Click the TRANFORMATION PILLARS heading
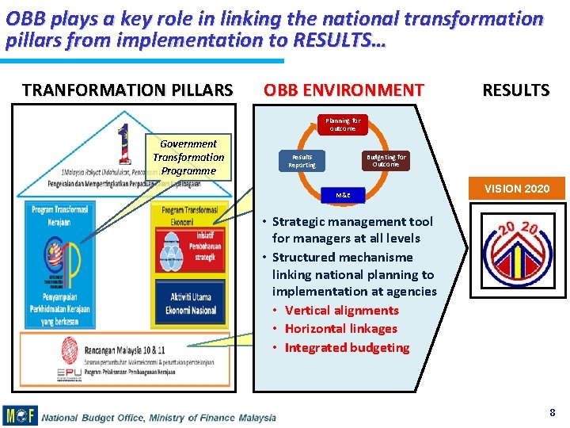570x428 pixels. (127, 90)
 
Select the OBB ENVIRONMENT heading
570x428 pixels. (344, 90)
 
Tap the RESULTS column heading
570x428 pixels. (515, 90)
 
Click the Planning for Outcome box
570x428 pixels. (342, 124)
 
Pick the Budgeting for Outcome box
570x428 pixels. (386, 161)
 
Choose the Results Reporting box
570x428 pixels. (302, 161)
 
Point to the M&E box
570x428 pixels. (343, 194)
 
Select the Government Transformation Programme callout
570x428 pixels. (188, 157)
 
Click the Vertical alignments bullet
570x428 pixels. (341, 310)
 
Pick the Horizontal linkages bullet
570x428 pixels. (340, 328)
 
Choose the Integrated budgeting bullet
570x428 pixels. (347, 347)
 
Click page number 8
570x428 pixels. (552, 412)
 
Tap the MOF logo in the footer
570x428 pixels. (20, 415)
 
